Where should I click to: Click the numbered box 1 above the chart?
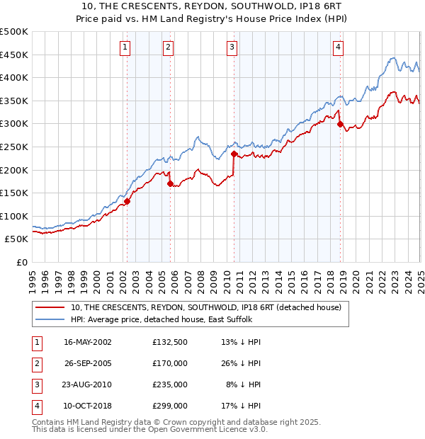[x=125, y=47]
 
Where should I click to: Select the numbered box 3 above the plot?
[x=232, y=47]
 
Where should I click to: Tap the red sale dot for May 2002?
[x=127, y=201]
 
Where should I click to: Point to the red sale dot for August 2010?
[x=234, y=153]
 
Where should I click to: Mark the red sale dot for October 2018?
[x=340, y=124]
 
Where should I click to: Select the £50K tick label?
[x=17, y=239]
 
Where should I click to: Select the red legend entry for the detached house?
[x=206, y=307]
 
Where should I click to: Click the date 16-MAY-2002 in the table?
[x=88, y=342]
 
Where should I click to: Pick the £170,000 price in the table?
[x=170, y=363]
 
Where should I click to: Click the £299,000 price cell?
[x=170, y=406]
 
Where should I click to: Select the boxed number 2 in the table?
[x=35, y=363]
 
